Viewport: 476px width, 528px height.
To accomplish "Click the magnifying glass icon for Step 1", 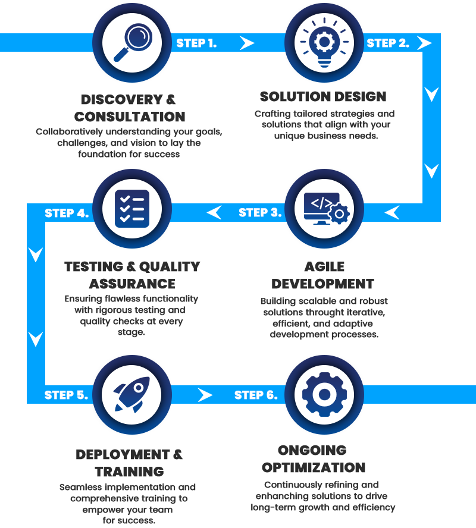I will click(132, 43).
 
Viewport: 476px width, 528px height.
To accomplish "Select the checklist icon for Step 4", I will click(132, 209).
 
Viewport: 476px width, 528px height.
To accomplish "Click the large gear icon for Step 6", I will click(324, 394).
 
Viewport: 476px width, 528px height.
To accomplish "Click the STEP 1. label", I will click(196, 43).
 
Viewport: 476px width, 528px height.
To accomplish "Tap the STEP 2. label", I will click(387, 43).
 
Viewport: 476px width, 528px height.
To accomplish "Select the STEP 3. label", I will click(260, 212).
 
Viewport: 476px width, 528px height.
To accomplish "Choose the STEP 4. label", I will click(67, 213).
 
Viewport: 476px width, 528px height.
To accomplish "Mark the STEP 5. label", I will click(66, 395).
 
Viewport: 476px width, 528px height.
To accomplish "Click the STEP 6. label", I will click(256, 395).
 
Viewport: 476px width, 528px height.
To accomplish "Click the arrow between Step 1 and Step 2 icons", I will click(247, 43).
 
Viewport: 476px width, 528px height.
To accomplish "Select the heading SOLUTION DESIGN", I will click(323, 96).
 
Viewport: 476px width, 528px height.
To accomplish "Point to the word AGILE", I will click(324, 267).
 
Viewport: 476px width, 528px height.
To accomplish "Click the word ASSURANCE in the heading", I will click(132, 284).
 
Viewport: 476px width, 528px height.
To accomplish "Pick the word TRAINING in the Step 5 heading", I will click(129, 472).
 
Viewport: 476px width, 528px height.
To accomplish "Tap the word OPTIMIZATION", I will click(313, 467).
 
